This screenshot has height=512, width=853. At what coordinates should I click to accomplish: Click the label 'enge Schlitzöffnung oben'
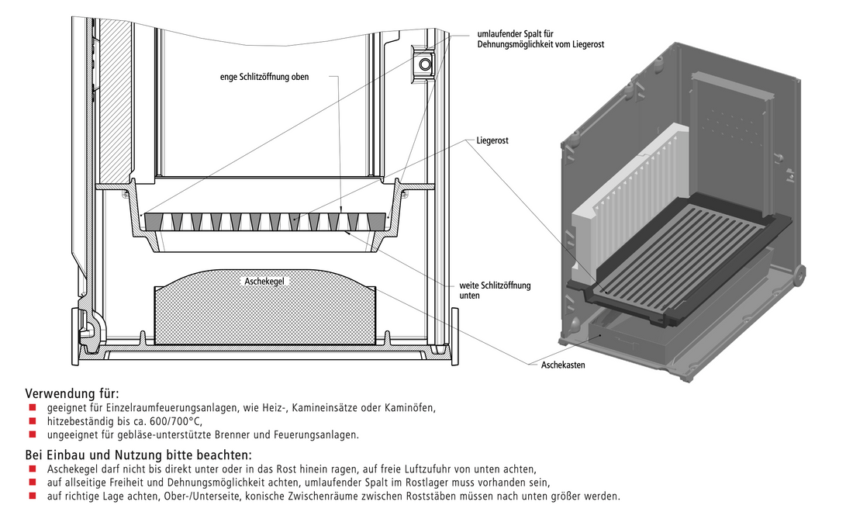264,78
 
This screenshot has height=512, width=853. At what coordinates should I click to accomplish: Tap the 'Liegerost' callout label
492,140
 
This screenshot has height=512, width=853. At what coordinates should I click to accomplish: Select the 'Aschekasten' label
563,365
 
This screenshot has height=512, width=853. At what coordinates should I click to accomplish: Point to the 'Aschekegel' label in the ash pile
264,282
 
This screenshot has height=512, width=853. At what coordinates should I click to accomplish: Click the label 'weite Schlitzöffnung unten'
495,291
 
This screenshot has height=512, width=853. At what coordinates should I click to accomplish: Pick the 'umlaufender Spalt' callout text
540,39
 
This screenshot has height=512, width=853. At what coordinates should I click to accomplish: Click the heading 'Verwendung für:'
72,393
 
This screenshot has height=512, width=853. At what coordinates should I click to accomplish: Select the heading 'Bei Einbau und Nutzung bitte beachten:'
138,455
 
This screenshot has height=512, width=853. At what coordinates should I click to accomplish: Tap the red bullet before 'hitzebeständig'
33,421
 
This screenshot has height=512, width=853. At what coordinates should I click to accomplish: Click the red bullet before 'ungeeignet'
33,434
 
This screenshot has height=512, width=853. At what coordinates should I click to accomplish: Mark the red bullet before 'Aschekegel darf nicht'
33,469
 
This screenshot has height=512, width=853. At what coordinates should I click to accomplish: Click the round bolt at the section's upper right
425,64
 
